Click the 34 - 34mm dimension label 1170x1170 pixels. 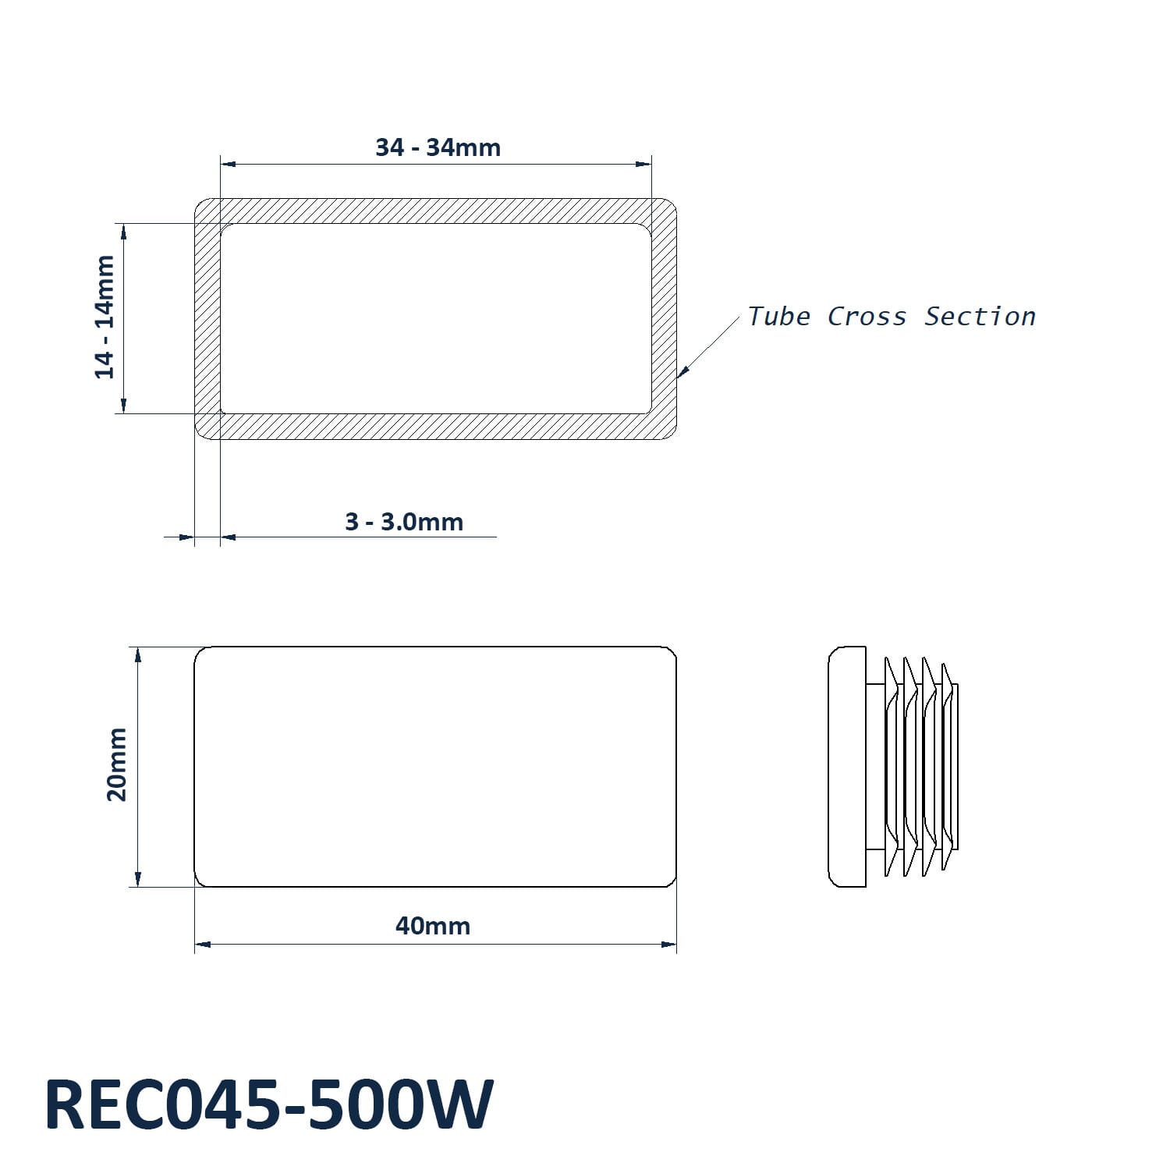[x=438, y=147]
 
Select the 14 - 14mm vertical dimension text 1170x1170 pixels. [x=105, y=317]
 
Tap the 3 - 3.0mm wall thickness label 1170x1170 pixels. [x=404, y=522]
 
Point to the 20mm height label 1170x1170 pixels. [x=117, y=764]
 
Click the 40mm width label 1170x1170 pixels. [x=433, y=926]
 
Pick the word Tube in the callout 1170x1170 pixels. [x=778, y=317]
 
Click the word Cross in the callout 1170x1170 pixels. [x=867, y=317]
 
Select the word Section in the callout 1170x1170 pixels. [x=980, y=317]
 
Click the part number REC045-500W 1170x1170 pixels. [x=269, y=1104]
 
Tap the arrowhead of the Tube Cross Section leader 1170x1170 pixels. [x=682, y=374]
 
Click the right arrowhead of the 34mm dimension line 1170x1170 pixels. [x=643, y=164]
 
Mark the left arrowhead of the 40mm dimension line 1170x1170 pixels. [x=203, y=945]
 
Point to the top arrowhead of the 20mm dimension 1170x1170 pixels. [x=138, y=655]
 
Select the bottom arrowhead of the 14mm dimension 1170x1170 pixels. [x=123, y=405]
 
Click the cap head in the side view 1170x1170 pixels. [x=847, y=767]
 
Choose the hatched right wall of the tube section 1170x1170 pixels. [x=664, y=319]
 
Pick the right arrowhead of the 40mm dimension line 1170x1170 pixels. [x=668, y=945]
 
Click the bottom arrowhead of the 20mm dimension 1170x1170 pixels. [x=138, y=878]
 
